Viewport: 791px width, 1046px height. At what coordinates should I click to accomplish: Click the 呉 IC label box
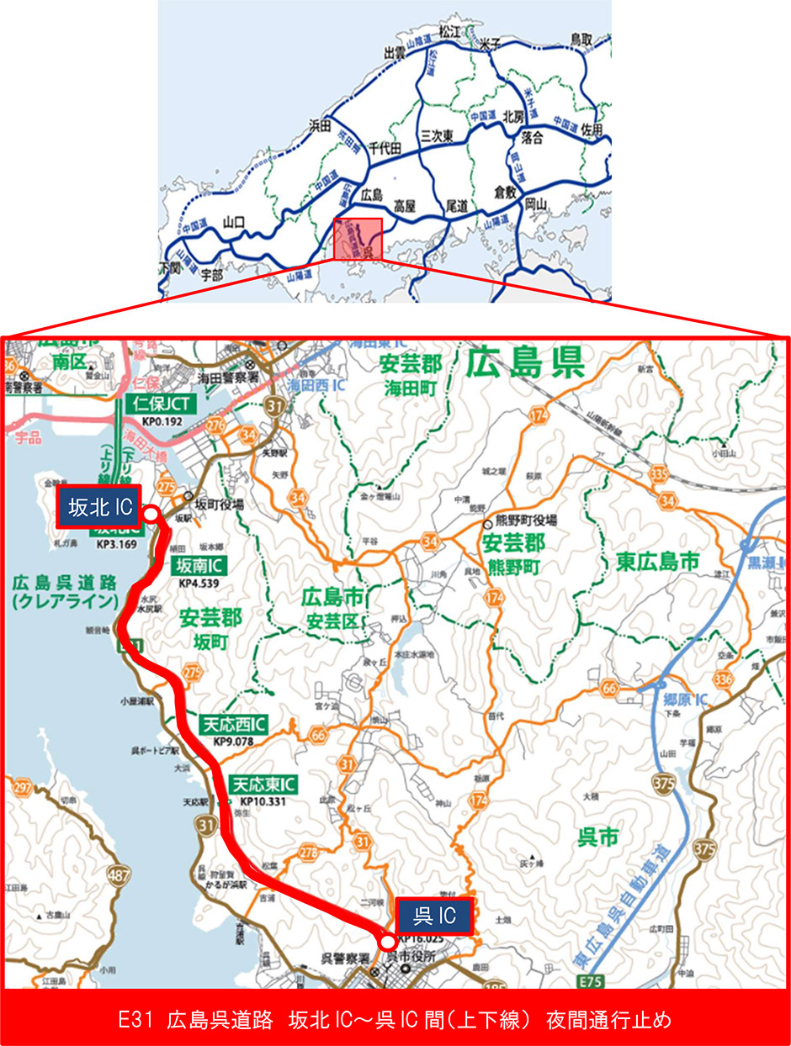pos(433,916)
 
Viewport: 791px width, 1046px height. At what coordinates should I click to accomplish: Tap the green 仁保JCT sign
pos(163,404)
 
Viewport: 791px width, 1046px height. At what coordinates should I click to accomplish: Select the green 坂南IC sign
pos(199,564)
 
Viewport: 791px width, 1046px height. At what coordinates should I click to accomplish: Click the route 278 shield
pos(309,853)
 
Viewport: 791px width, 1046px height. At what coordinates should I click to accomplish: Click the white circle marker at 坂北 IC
pos(151,512)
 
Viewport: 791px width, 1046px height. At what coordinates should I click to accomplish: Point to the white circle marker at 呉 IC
pos(388,941)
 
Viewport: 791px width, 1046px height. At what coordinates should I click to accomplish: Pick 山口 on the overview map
pos(233,223)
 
